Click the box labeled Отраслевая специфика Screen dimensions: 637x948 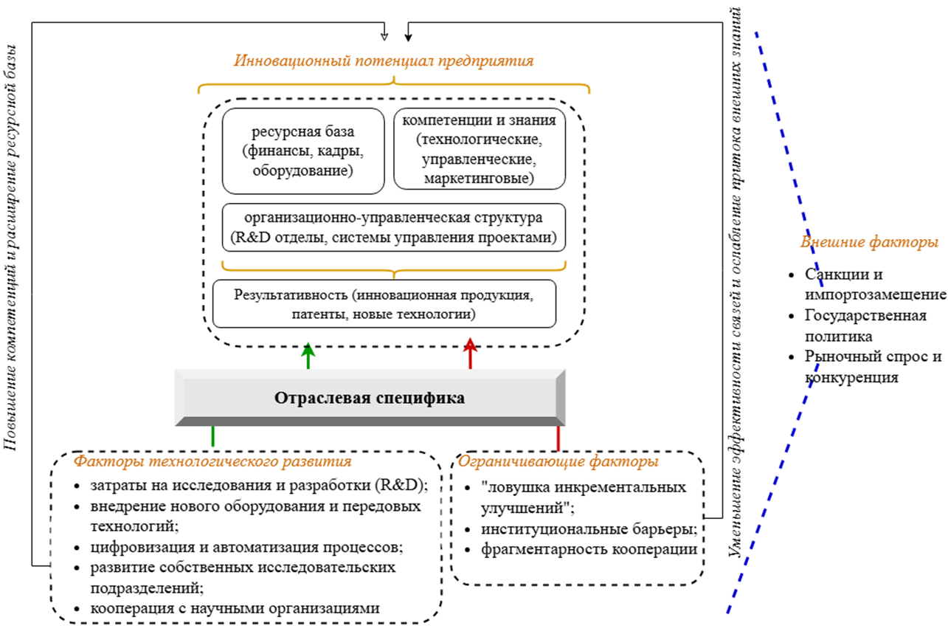[x=370, y=398]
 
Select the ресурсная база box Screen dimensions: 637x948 [x=303, y=151]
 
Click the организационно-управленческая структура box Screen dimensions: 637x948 [x=393, y=228]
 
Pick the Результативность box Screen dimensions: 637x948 [x=384, y=303]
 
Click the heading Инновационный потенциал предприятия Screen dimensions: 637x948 [x=383, y=61]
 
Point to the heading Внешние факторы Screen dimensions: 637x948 [x=869, y=242]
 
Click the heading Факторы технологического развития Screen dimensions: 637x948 [x=212, y=462]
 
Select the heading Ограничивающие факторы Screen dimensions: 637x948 [x=558, y=462]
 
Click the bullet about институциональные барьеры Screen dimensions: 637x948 [x=589, y=529]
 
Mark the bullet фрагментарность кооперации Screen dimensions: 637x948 [x=589, y=550]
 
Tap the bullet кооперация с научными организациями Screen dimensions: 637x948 [x=235, y=609]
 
